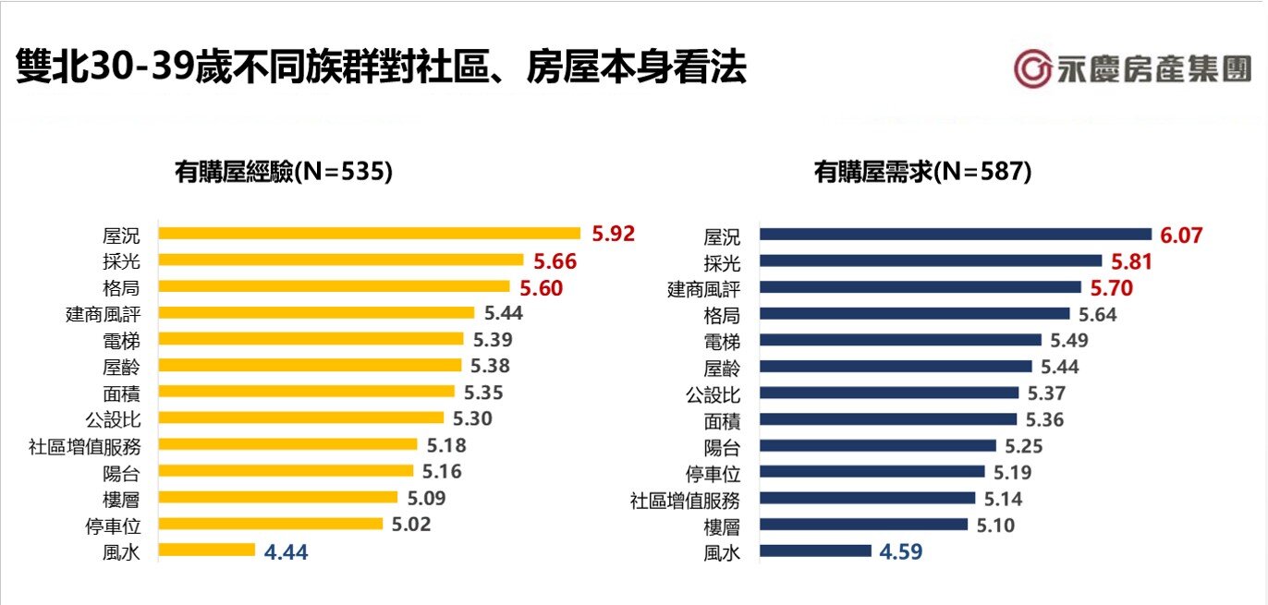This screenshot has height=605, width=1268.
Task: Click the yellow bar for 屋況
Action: pyautogui.click(x=369, y=234)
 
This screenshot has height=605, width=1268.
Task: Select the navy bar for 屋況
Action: pyautogui.click(x=955, y=235)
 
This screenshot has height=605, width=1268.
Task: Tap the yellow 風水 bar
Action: pyautogui.click(x=206, y=551)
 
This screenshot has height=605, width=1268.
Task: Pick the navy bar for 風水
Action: pyautogui.click(x=814, y=551)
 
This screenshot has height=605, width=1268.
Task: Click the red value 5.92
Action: pyautogui.click(x=614, y=234)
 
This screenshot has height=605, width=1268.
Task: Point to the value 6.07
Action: pyautogui.click(x=1182, y=236)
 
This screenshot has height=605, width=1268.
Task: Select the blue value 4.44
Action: pyautogui.click(x=286, y=552)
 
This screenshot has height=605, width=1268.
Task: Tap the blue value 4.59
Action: pyautogui.click(x=900, y=552)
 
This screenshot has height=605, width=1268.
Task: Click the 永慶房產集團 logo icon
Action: pyautogui.click(x=1032, y=70)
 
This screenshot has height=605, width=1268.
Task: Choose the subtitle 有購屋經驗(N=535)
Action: pyautogui.click(x=284, y=172)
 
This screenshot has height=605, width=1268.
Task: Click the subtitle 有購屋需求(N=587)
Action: pyautogui.click(x=922, y=172)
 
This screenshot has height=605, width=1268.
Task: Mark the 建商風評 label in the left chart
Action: pyautogui.click(x=103, y=314)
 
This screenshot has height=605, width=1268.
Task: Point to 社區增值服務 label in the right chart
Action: pyautogui.click(x=685, y=501)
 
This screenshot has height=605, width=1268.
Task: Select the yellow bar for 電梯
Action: pyautogui.click(x=311, y=339)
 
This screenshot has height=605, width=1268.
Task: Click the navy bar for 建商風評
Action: pyautogui.click(x=920, y=287)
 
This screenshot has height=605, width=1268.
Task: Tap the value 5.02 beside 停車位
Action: pyautogui.click(x=410, y=525)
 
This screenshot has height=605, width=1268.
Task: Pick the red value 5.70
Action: pyautogui.click(x=1111, y=288)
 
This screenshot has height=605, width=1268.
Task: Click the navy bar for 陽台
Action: pyautogui.click(x=877, y=446)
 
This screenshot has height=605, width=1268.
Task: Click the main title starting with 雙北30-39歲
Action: pyautogui.click(x=381, y=69)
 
